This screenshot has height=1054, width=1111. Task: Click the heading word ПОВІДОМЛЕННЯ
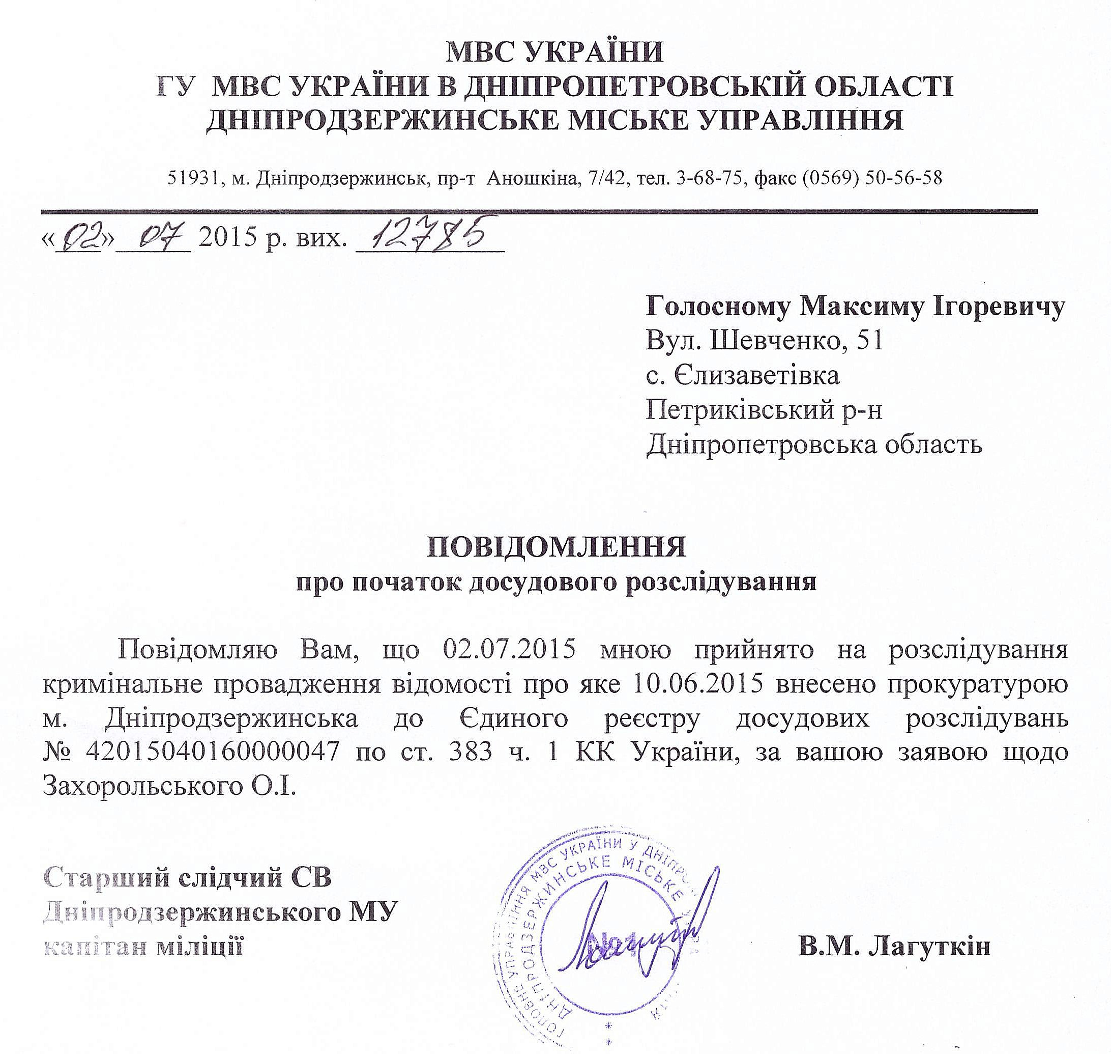(x=557, y=547)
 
